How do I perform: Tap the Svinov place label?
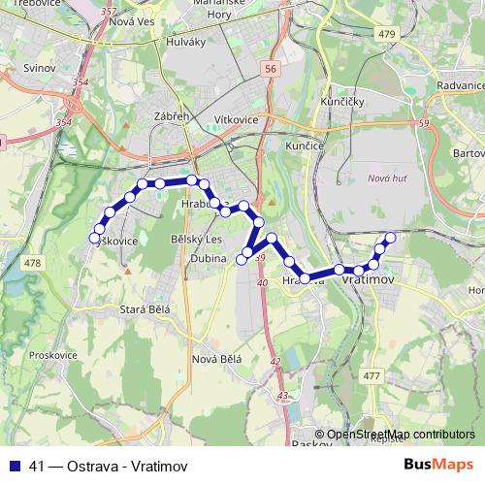(x=39, y=71)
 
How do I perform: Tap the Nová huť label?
(x=387, y=178)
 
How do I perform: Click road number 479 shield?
(x=389, y=34)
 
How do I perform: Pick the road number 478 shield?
(x=34, y=263)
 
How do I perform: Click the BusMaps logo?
(x=438, y=465)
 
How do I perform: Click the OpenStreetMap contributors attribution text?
(x=401, y=435)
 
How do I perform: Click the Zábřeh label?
(x=170, y=116)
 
